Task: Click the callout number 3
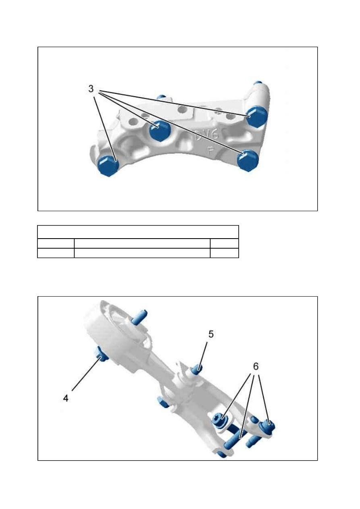click(x=91, y=89)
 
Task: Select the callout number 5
click(x=211, y=334)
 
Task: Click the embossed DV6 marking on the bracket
click(x=207, y=135)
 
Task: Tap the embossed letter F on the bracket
click(x=210, y=152)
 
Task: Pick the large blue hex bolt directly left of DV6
click(x=160, y=131)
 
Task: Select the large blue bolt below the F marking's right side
click(x=248, y=160)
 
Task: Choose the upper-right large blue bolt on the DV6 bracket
click(x=257, y=117)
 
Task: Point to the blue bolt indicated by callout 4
click(x=100, y=354)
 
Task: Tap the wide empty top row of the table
click(x=138, y=232)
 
